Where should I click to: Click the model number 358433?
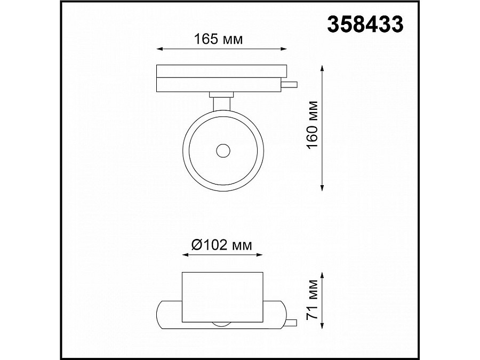365,25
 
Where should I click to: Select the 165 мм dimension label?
218,39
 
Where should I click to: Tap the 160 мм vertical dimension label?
312,125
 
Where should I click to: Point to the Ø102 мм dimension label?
222,245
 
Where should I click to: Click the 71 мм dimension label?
312,300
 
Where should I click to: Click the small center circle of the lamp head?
223,151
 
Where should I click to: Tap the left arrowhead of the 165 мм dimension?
159,49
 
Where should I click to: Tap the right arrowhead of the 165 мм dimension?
284,49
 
